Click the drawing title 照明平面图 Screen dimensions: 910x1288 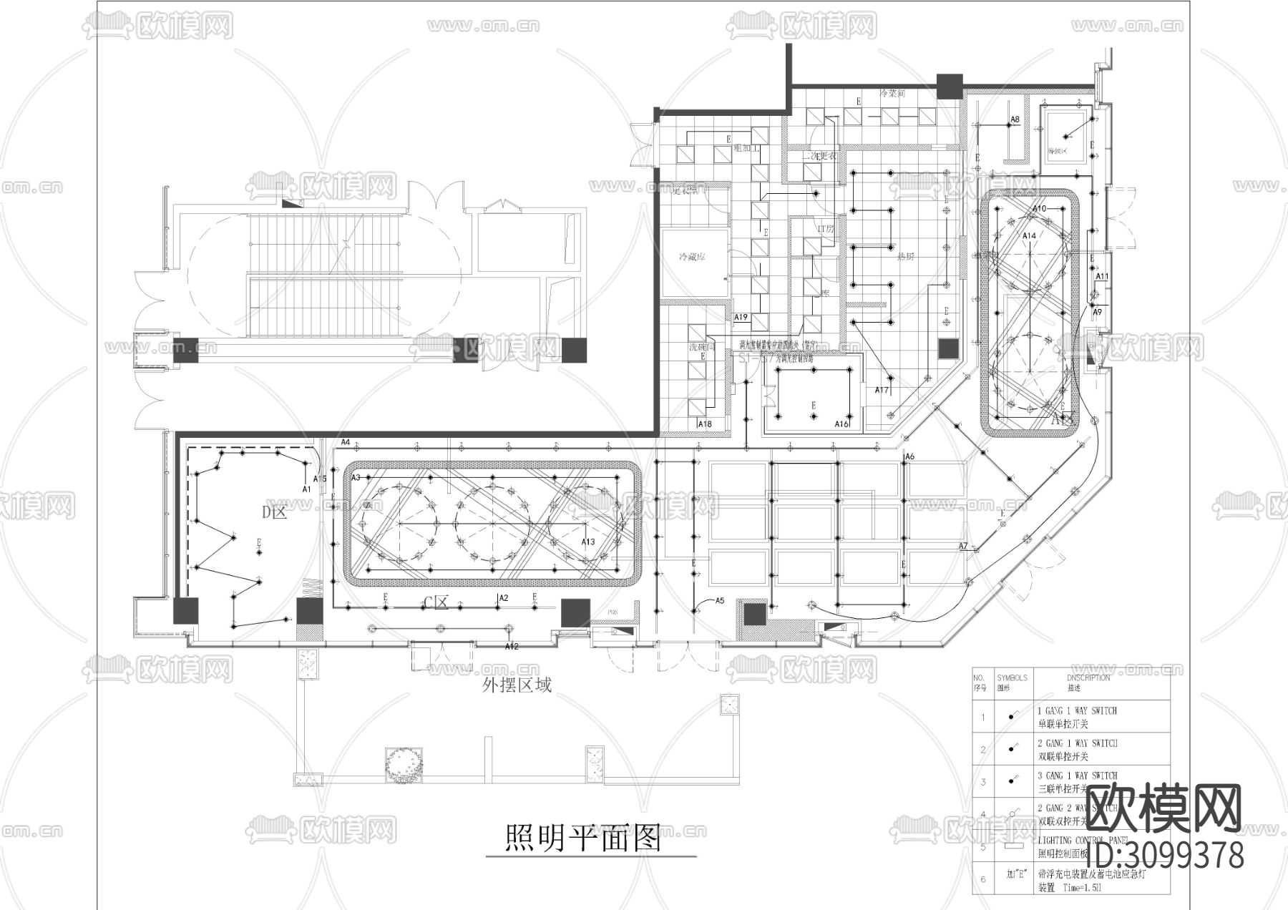[x=582, y=838]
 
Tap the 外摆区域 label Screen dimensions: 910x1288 [x=517, y=685]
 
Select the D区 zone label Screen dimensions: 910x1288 [x=274, y=512]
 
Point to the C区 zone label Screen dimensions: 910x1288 [x=436, y=602]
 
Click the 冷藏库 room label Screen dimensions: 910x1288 [x=692, y=257]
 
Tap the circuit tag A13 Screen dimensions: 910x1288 [x=587, y=542]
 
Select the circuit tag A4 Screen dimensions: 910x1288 [x=346, y=442]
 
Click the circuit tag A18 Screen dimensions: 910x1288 [x=704, y=424]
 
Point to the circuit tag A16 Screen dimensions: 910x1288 [x=841, y=424]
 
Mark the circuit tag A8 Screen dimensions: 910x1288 [x=1015, y=119]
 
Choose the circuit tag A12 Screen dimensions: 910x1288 [x=511, y=647]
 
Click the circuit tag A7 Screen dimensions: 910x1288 [x=963, y=546]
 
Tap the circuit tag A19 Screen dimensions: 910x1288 [x=741, y=317]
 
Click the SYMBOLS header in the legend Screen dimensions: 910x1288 [x=1012, y=677]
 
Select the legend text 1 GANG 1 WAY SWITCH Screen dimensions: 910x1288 [x=1077, y=710]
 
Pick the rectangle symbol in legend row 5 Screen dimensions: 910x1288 [x=1012, y=846]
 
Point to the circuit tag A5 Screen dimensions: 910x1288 [x=720, y=601]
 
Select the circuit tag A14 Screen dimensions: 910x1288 [x=1028, y=235]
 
